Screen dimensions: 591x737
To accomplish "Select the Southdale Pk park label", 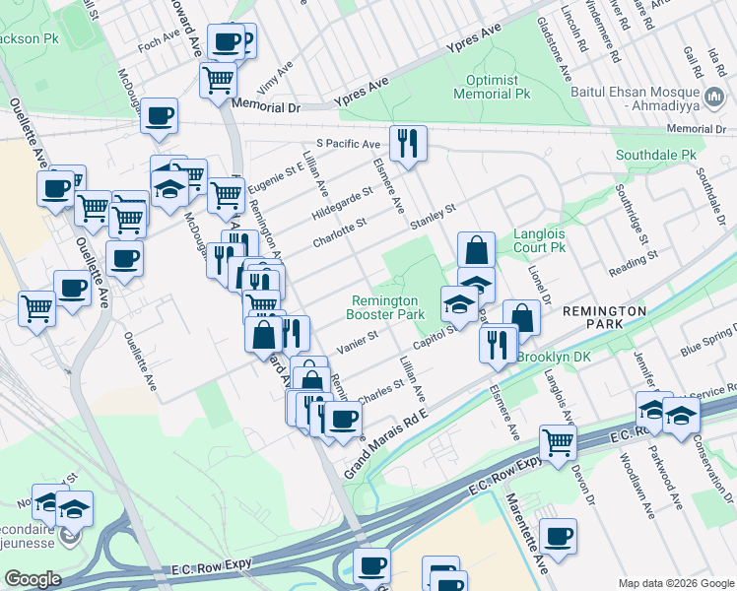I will tap(655, 155).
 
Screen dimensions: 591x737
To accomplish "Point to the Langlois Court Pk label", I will tap(540, 241).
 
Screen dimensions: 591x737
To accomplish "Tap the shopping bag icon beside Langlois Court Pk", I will tap(477, 249).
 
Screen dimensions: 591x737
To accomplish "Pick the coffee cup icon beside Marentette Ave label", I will tap(558, 537).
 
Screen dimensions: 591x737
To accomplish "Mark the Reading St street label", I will tap(633, 265).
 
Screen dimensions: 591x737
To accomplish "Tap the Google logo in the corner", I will tap(33, 579).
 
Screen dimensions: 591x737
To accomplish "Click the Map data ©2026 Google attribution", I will tap(674, 582).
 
